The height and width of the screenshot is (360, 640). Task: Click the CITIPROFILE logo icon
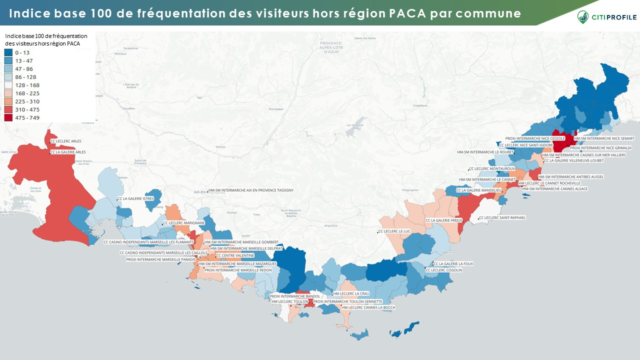coord(583,17)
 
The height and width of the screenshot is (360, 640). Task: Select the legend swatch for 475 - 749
coord(8,117)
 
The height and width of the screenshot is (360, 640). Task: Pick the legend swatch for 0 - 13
coord(8,52)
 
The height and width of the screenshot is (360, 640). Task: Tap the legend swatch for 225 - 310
coord(8,101)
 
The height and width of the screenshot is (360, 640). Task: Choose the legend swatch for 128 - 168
coord(8,85)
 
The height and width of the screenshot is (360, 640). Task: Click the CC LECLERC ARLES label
coord(66,141)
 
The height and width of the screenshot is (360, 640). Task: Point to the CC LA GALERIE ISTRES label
coord(136,199)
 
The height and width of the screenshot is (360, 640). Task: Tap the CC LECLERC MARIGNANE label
coord(184,222)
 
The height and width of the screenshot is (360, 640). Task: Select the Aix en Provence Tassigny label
coord(251,190)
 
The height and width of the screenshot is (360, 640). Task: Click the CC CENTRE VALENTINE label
coord(235,255)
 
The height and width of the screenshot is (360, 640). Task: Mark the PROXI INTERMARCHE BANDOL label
coord(287,296)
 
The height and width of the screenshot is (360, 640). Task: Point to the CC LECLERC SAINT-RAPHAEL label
coord(502,218)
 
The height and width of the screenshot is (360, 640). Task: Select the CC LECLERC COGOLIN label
coord(444,270)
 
